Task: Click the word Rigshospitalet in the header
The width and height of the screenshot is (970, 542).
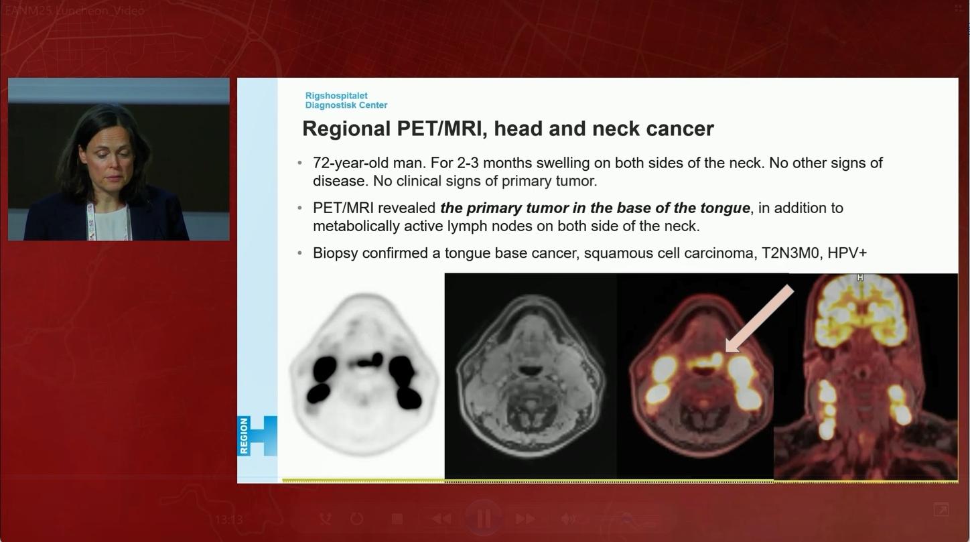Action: [x=336, y=96]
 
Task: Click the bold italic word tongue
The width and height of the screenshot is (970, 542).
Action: [x=725, y=208]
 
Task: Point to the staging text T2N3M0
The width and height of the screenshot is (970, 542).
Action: [x=791, y=253]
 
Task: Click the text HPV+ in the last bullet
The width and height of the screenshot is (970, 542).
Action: [x=847, y=253]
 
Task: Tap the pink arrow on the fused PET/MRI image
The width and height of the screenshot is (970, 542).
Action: [x=759, y=318]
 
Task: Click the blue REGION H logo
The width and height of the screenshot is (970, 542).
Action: [x=257, y=435]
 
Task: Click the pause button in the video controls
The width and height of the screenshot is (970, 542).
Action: [x=483, y=518]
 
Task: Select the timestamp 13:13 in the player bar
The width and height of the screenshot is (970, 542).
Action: [x=229, y=519]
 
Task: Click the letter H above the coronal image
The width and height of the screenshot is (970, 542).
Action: [x=860, y=277]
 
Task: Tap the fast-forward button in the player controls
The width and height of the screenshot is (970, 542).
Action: [x=525, y=519]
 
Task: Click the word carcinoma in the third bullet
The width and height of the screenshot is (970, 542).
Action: [x=724, y=253]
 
